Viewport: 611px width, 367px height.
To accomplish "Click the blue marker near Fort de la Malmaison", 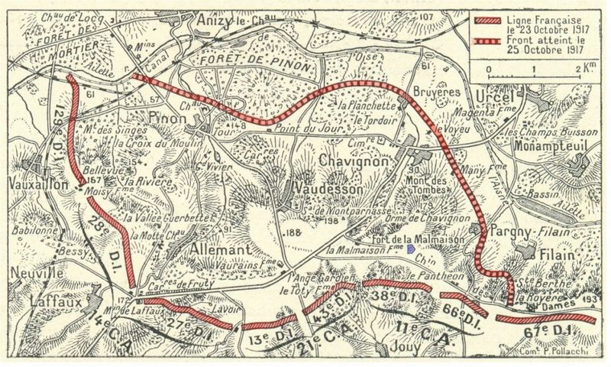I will pos(412,248).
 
